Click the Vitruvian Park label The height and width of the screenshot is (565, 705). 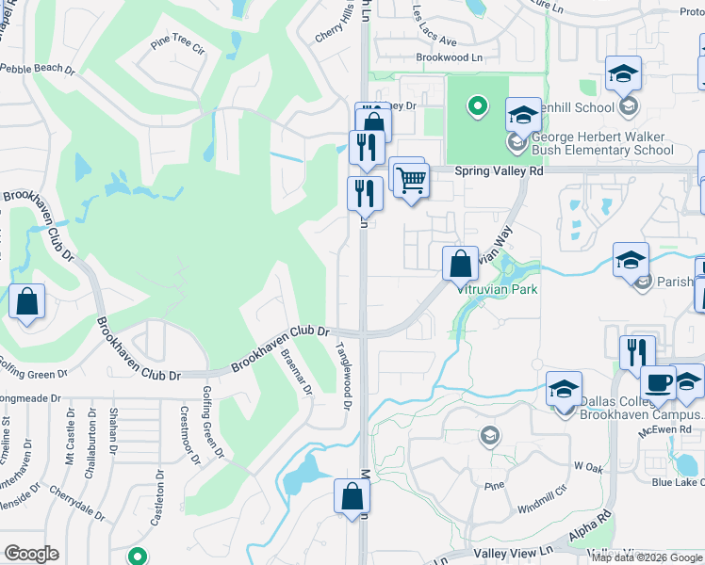point(498,289)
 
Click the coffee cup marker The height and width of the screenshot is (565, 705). point(658,384)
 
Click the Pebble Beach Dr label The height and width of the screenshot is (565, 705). point(37,69)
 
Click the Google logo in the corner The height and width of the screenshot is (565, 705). point(31,554)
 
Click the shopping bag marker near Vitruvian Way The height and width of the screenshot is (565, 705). point(460,263)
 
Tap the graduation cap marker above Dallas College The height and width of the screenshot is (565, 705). point(564,388)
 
